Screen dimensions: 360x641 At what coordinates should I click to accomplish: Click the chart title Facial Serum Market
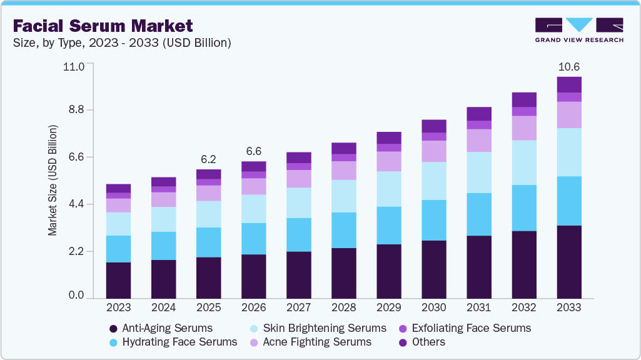coord(103,26)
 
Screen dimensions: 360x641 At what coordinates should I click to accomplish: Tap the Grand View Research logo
coord(579,29)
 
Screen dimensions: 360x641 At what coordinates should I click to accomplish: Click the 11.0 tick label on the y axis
coord(74,66)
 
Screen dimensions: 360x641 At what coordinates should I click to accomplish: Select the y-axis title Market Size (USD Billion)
coord(53,181)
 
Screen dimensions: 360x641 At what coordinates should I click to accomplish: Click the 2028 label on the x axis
coord(343,307)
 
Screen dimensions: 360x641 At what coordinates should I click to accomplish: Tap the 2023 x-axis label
coord(118,307)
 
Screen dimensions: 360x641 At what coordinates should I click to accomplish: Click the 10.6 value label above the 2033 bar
coord(568,66)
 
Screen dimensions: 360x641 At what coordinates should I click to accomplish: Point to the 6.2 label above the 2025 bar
coord(208,159)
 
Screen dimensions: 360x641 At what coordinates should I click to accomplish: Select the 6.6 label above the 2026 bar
coord(253,151)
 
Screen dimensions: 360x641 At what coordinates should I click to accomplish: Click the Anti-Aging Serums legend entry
coord(161,328)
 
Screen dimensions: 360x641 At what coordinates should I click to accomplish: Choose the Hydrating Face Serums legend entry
coord(173,342)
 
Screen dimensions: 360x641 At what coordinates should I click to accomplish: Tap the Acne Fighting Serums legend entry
coord(310,342)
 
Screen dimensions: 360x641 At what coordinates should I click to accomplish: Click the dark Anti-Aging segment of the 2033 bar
coord(569,262)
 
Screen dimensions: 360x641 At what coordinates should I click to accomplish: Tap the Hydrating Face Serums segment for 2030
coord(433,220)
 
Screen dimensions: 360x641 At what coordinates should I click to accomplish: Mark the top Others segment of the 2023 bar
coord(118,188)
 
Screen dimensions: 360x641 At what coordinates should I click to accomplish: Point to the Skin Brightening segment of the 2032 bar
coord(524,162)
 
